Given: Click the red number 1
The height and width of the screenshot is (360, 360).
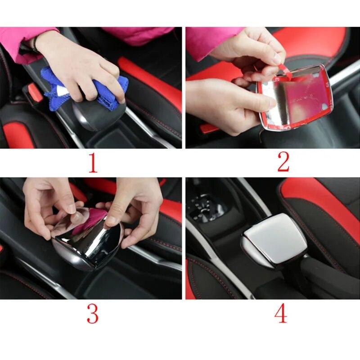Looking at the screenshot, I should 92,163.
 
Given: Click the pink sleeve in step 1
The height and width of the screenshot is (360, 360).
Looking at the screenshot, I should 22,43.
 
